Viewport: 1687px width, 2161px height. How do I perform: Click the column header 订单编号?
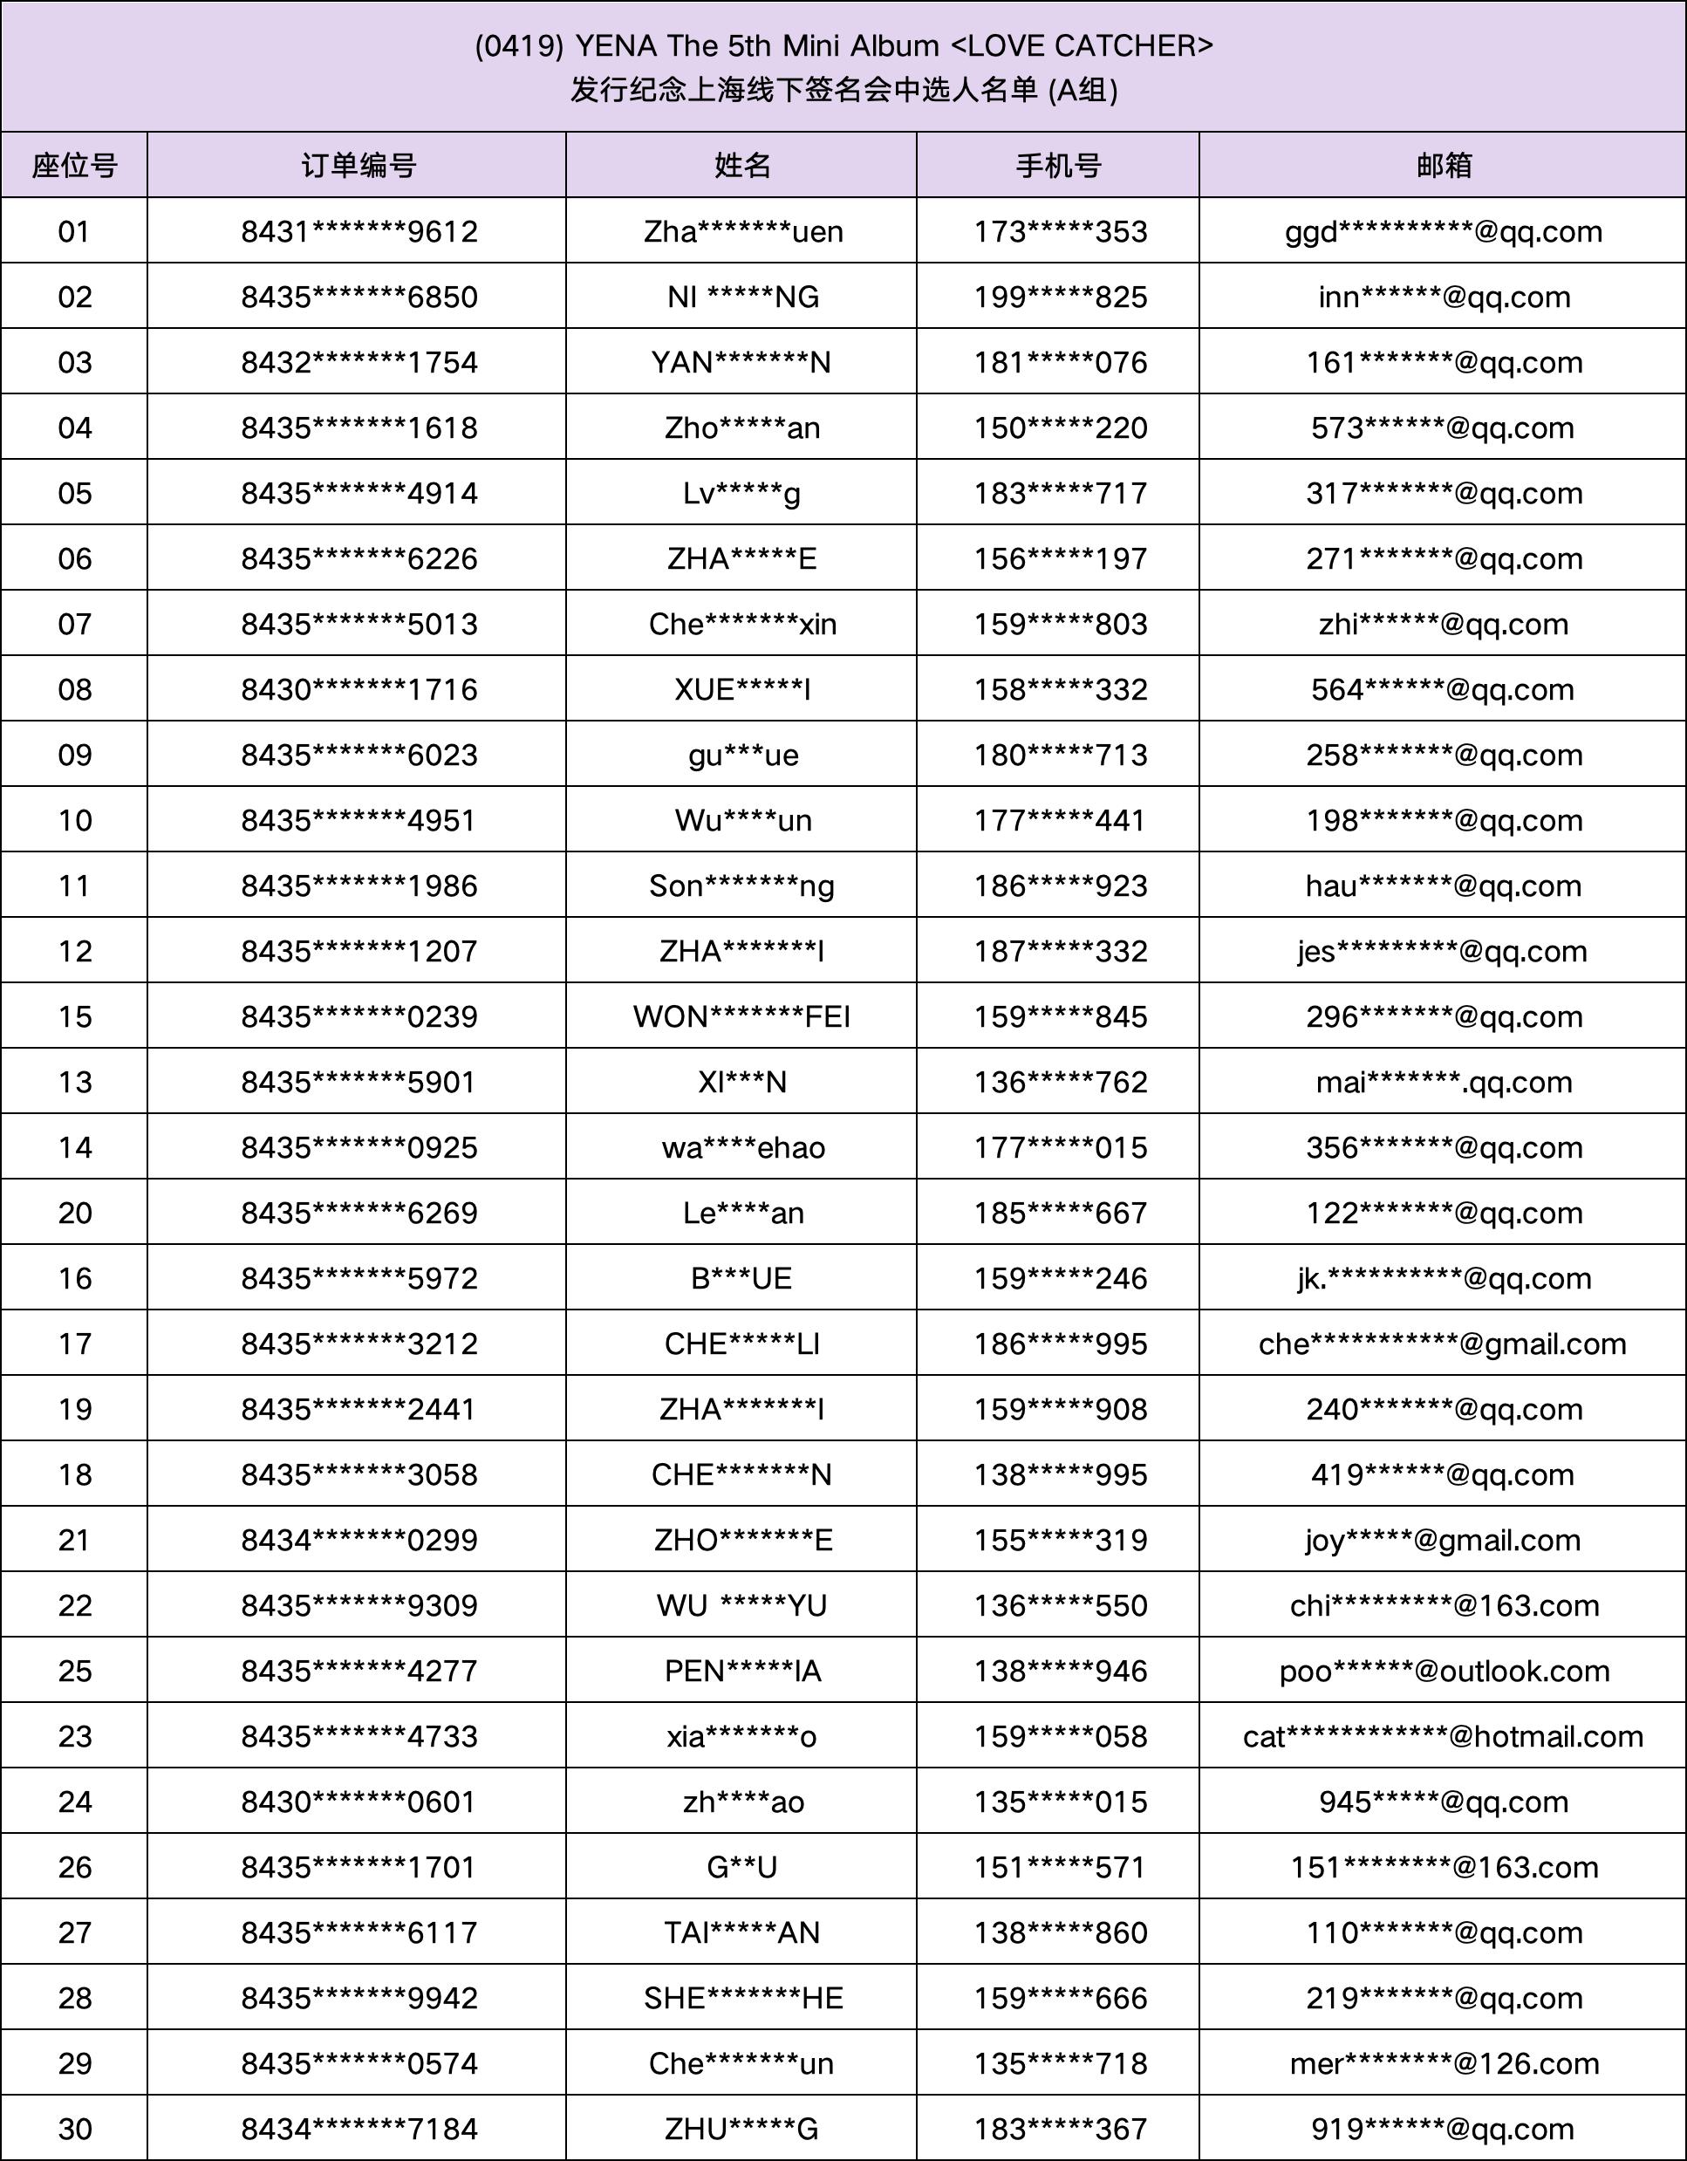[x=359, y=165]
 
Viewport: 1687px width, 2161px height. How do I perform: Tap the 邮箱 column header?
[x=1444, y=165]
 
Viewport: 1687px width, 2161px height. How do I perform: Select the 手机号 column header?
[x=1059, y=165]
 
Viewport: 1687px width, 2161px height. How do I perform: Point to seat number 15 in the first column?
[x=74, y=1016]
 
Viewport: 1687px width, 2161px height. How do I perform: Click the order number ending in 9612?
[x=359, y=231]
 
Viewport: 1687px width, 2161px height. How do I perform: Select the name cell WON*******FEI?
[x=742, y=1016]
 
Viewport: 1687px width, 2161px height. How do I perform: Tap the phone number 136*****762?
[x=1060, y=1082]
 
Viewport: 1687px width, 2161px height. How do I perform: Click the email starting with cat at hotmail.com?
[x=1443, y=1735]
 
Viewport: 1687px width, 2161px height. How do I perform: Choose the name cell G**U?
[x=742, y=1867]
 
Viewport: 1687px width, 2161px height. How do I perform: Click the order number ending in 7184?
[x=359, y=2129]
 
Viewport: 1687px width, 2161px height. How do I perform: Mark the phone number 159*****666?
[x=1060, y=1998]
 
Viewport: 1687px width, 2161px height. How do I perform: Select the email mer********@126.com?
[x=1444, y=2063]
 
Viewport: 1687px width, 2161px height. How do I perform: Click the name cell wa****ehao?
[x=743, y=1146]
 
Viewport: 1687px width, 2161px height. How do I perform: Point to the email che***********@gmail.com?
[x=1443, y=1344]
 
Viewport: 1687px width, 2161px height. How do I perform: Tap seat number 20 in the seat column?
[x=74, y=1212]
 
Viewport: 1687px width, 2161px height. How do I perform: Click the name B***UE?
[x=742, y=1278]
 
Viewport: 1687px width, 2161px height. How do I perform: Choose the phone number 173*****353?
[x=1060, y=231]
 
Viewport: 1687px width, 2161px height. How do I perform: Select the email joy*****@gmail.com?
[x=1443, y=1540]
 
